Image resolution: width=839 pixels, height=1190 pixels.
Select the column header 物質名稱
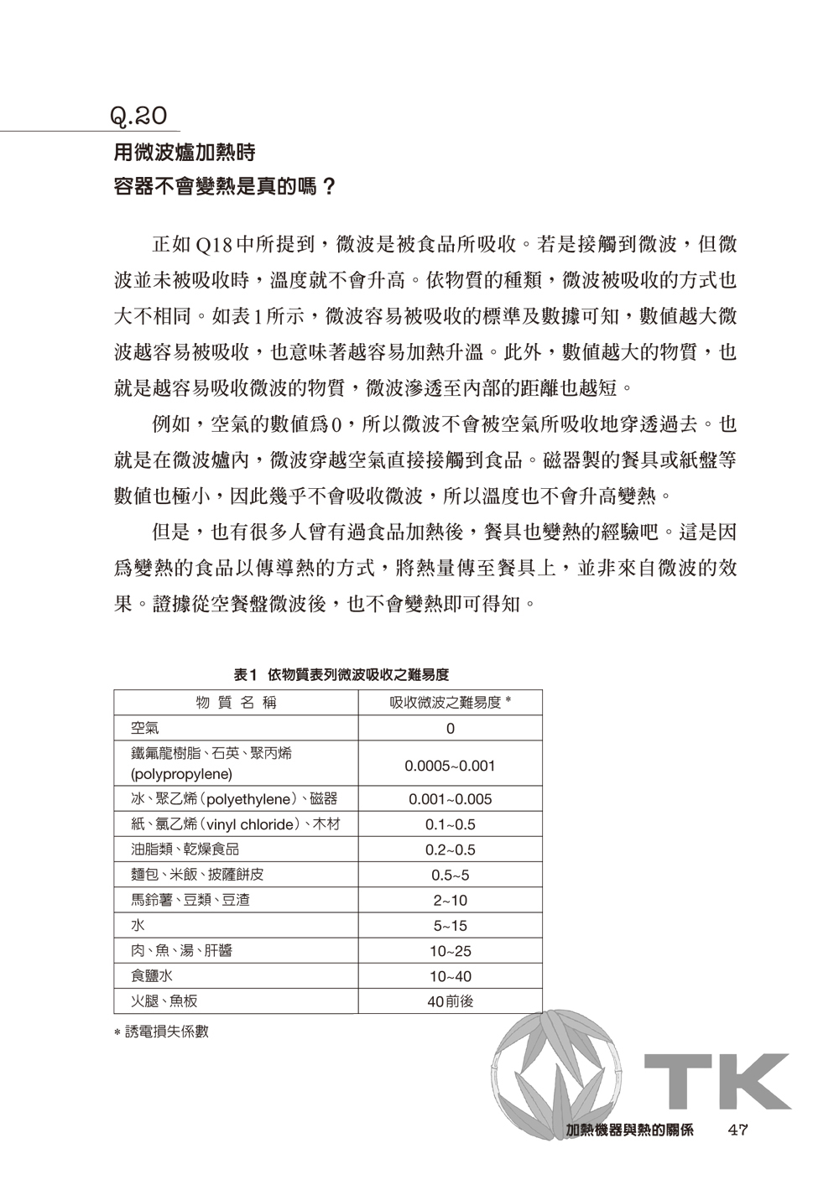click(x=236, y=703)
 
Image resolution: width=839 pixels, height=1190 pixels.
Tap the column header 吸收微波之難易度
click(x=450, y=703)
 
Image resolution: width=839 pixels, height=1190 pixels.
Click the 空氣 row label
click(x=143, y=728)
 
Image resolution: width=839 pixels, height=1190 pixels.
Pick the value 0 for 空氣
click(x=450, y=729)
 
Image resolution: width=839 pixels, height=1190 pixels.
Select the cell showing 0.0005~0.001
click(x=450, y=766)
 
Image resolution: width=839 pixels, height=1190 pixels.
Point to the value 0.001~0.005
click(x=450, y=799)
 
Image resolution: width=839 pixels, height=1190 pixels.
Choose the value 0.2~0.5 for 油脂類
click(x=450, y=850)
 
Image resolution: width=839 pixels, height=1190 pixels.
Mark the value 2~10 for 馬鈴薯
click(x=450, y=901)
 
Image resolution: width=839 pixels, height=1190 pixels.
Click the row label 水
click(x=137, y=926)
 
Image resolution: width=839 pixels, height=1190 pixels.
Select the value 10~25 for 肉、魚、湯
click(x=450, y=951)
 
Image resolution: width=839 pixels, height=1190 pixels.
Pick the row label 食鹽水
click(x=151, y=976)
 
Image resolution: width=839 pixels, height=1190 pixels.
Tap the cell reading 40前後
click(x=450, y=1001)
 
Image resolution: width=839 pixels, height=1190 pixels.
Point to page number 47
click(x=738, y=1129)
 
